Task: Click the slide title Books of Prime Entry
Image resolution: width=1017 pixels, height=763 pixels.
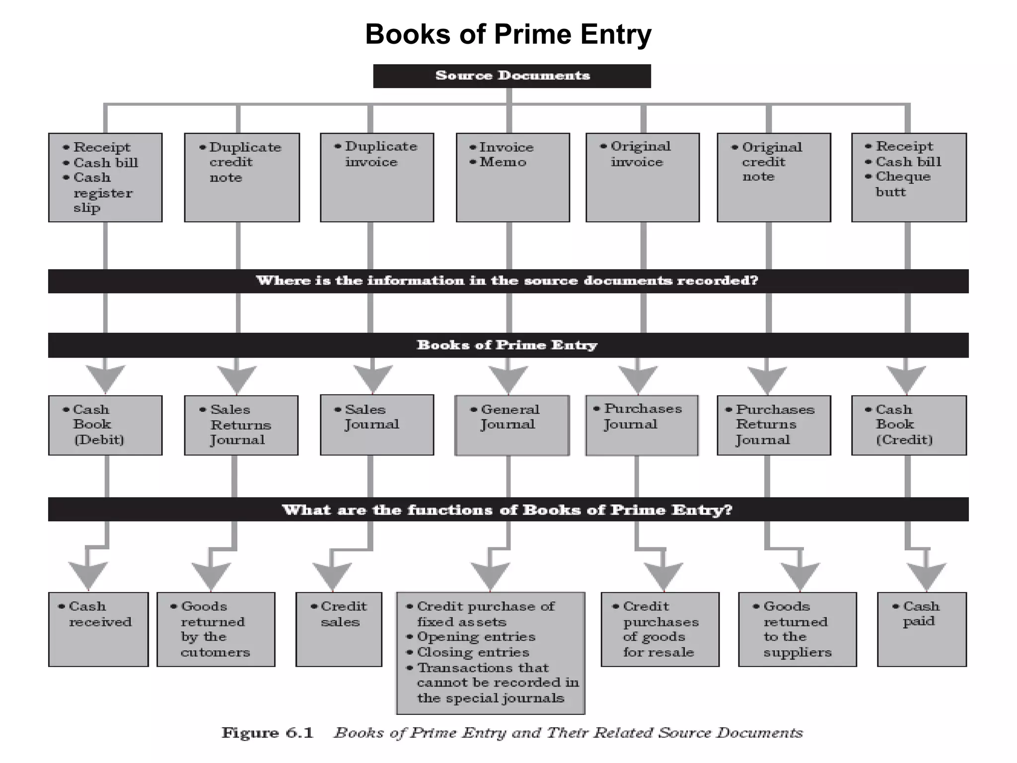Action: (508, 34)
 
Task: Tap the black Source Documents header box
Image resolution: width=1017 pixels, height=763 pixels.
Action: (512, 76)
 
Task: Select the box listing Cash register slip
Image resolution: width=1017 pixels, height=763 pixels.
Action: (105, 177)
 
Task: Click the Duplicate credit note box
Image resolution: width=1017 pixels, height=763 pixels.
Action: (242, 177)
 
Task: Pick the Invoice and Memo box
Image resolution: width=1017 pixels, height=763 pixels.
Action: (512, 177)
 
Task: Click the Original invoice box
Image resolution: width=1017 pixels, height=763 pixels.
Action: (643, 177)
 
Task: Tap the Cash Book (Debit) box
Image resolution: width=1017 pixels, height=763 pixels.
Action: (105, 425)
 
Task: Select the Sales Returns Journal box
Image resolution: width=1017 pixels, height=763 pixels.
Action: (241, 425)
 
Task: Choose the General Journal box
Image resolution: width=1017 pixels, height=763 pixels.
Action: (512, 425)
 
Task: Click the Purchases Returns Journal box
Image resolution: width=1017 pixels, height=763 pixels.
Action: (774, 425)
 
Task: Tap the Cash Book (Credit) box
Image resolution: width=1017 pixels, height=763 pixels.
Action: (909, 425)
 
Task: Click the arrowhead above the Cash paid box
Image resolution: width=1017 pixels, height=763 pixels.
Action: (926, 576)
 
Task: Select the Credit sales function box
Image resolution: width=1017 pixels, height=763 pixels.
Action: (339, 629)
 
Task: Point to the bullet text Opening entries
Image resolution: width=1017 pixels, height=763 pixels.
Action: (476, 637)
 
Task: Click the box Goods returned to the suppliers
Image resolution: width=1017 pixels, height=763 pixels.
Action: (797, 629)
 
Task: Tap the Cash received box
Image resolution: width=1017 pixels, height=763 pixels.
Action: (98, 629)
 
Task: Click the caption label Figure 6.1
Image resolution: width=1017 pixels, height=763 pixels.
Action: (268, 733)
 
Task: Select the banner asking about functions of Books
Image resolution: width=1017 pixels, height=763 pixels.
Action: (508, 510)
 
